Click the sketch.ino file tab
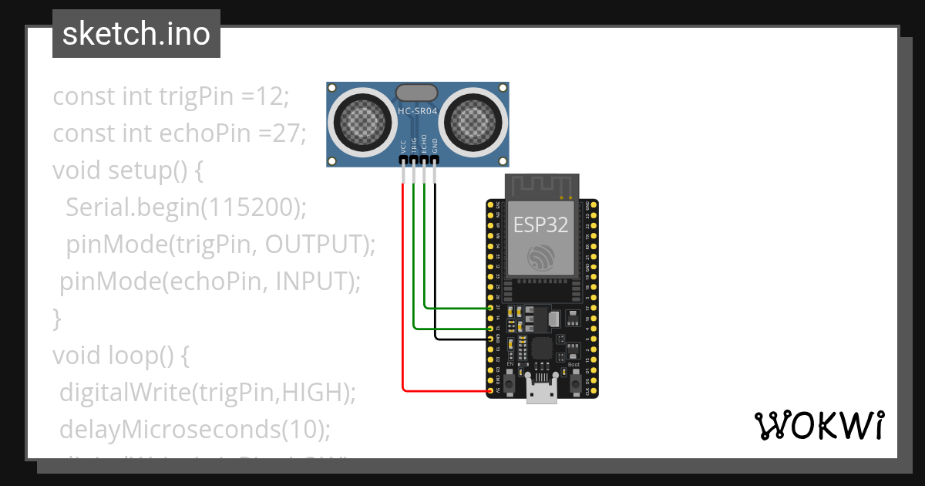pos(136,34)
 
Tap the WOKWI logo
pos(819,426)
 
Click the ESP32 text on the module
pos(541,224)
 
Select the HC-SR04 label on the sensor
pos(418,112)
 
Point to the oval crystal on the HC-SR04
pos(418,93)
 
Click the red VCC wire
pos(402,293)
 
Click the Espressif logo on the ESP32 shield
pos(540,258)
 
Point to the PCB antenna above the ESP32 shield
pos(541,186)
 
